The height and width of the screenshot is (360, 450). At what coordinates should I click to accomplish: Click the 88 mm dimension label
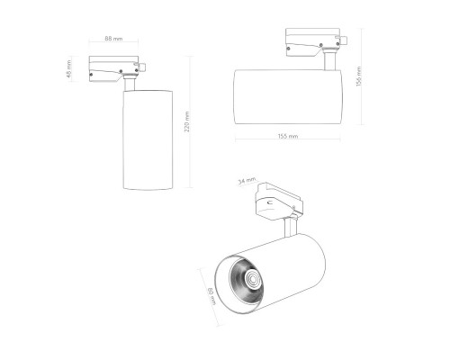point(112,40)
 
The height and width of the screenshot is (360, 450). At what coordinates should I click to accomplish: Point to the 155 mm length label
point(288,136)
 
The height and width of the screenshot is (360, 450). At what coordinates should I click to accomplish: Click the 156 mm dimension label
point(358,76)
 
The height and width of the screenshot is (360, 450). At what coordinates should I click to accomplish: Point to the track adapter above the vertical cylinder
point(116,67)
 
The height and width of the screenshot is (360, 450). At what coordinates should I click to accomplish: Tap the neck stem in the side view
point(329,62)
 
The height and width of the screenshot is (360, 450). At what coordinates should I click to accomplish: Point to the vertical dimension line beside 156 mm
point(364,76)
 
